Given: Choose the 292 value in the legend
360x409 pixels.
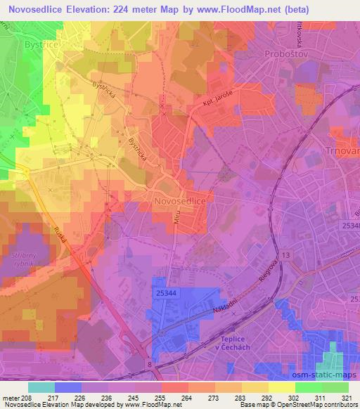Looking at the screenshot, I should [258, 397].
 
